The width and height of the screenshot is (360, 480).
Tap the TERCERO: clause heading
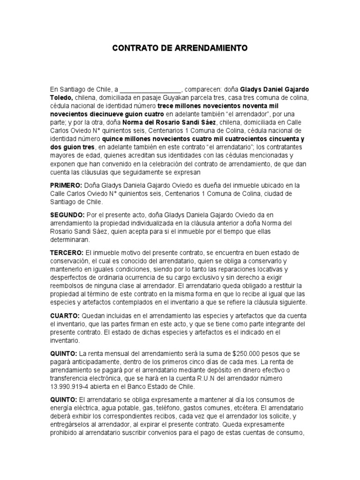67,253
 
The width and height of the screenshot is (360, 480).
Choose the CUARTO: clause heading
65,316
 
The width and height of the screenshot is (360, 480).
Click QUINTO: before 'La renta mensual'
64,353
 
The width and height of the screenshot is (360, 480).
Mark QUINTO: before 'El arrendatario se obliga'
64,399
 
